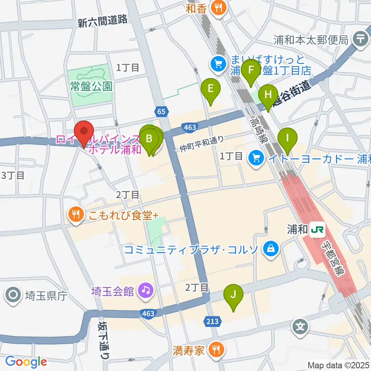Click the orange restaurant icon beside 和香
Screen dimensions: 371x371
point(219,8)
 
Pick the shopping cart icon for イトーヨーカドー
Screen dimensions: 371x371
point(256,157)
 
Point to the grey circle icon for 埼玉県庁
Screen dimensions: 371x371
point(13,296)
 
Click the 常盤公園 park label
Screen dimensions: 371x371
point(91,86)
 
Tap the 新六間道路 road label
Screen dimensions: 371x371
point(102,22)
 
